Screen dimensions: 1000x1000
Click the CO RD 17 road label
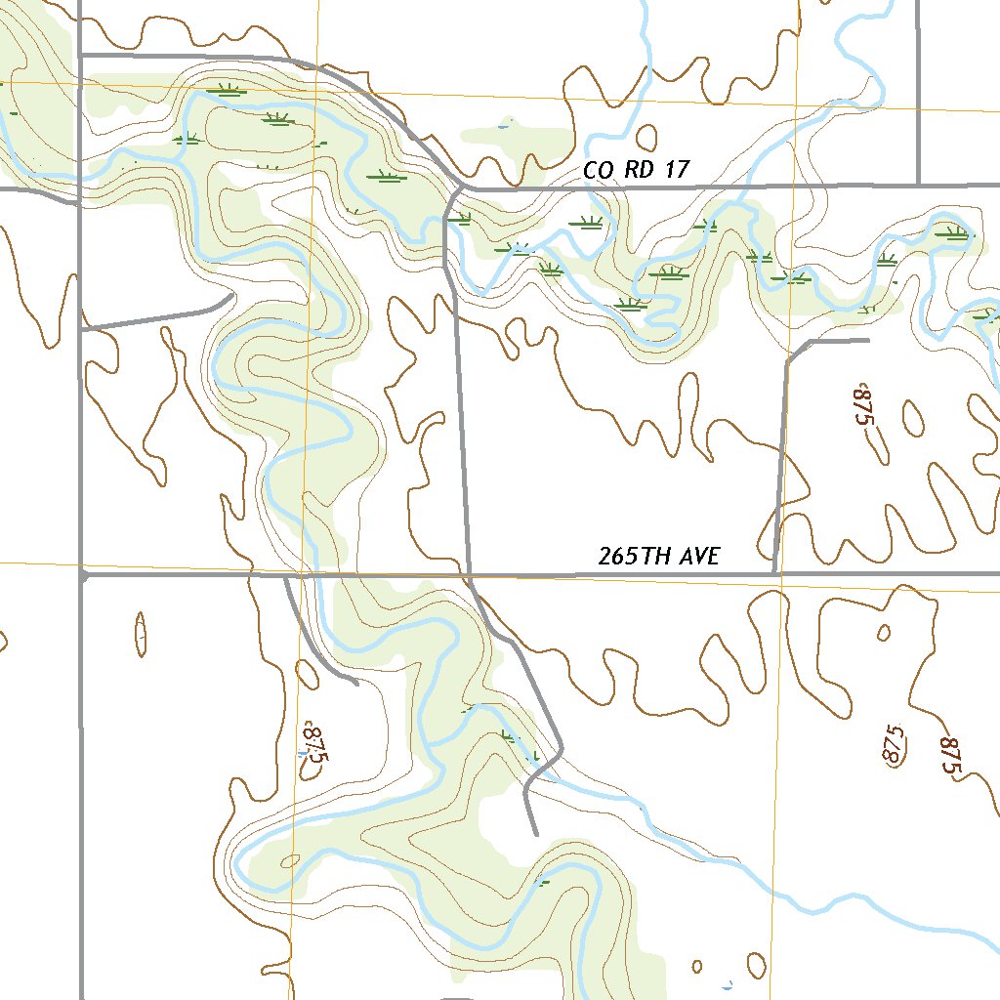636,170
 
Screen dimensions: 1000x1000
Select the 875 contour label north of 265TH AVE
860,405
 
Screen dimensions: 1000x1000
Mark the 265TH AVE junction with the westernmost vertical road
81,575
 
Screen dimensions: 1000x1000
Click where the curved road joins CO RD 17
464,187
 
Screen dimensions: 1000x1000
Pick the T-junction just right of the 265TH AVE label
774,574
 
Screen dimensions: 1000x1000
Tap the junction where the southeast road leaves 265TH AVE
471,576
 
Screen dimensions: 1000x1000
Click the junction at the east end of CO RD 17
919,183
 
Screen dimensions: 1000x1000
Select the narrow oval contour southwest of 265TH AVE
142,634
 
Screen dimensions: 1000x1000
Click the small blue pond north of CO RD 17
503,126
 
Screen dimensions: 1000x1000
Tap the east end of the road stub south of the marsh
868,340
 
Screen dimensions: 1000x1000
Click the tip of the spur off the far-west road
231,294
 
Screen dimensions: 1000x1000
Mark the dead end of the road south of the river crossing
536,834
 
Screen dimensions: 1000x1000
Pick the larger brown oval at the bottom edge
757,966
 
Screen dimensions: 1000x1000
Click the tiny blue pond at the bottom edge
727,984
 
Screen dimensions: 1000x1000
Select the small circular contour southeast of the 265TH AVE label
884,633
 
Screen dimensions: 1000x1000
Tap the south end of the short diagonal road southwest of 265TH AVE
357,683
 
